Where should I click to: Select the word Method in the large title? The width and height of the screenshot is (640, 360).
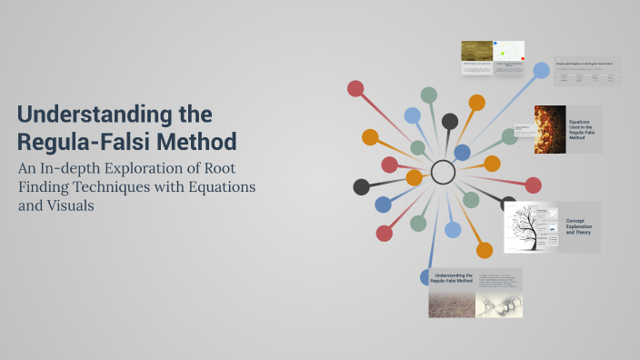click(195, 142)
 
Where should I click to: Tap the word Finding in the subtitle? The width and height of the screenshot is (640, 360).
click(44, 186)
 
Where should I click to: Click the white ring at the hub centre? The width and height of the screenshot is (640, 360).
click(443, 172)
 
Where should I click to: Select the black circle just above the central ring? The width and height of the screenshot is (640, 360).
click(450, 121)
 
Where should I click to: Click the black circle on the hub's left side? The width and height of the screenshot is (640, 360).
click(362, 187)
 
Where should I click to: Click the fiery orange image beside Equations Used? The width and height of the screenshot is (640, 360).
click(549, 129)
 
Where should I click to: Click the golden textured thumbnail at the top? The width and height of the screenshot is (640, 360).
click(476, 51)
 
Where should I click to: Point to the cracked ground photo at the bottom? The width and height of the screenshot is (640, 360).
click(451, 304)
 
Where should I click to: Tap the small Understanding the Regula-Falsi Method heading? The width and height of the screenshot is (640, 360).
click(451, 277)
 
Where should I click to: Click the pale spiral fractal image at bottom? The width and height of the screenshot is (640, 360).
click(499, 304)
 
